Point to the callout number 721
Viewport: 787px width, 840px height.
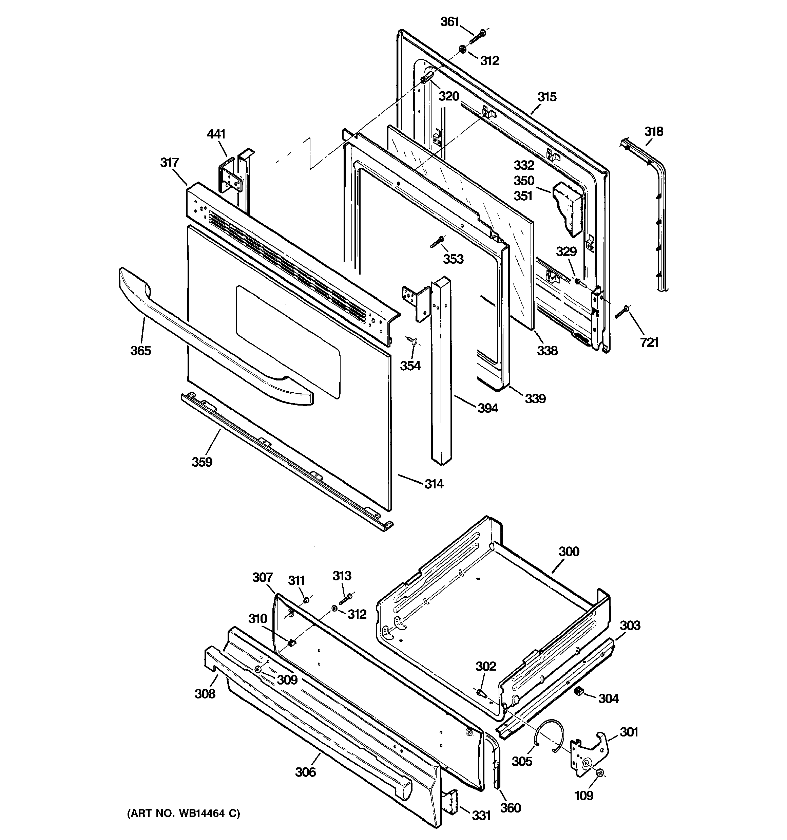click(x=649, y=342)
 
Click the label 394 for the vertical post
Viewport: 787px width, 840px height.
click(x=487, y=408)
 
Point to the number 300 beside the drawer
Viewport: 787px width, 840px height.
click(x=569, y=552)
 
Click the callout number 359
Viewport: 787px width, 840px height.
click(x=202, y=462)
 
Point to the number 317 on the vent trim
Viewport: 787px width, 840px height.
click(x=169, y=162)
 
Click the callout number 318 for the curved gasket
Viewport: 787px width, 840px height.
click(x=653, y=132)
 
